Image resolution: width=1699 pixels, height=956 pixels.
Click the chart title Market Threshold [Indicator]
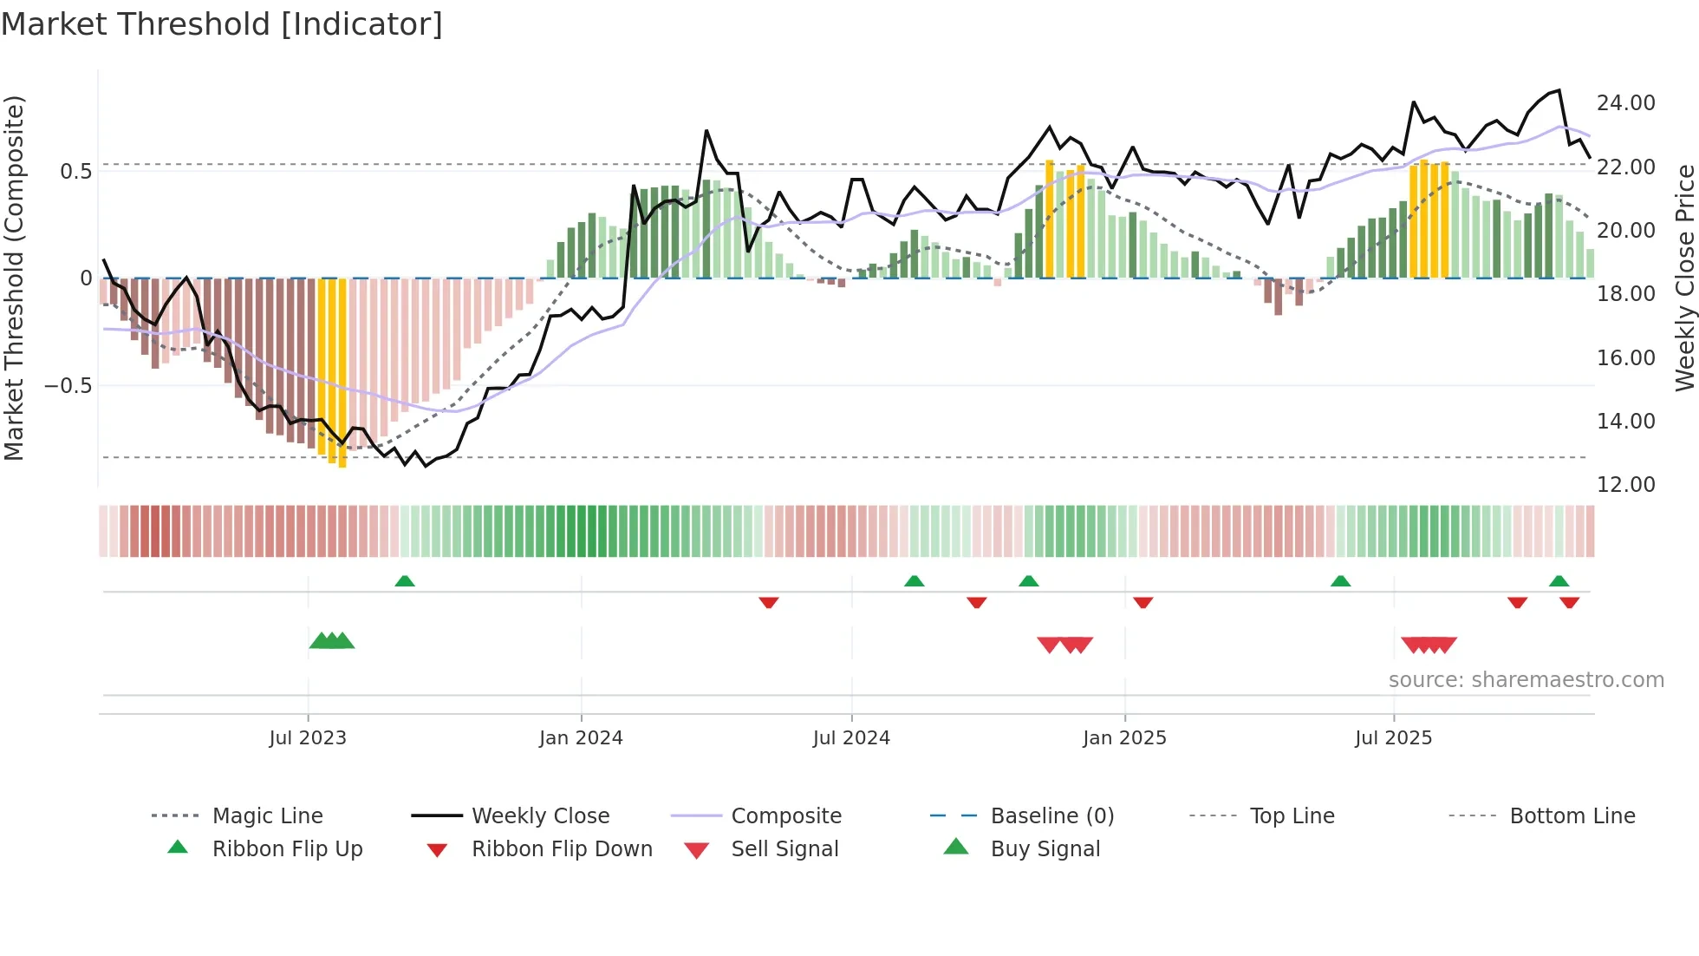pyautogui.click(x=222, y=24)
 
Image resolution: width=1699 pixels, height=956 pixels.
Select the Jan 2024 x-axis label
pyautogui.click(x=581, y=738)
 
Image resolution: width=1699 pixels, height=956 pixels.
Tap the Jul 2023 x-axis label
pyautogui.click(x=308, y=738)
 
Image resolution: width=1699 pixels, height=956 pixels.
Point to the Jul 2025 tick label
pyautogui.click(x=1393, y=738)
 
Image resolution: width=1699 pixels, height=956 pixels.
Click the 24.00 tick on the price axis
pyautogui.click(x=1625, y=103)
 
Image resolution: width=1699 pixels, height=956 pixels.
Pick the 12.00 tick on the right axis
pyautogui.click(x=1625, y=485)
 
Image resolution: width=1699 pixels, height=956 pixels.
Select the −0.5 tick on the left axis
pyautogui.click(x=68, y=385)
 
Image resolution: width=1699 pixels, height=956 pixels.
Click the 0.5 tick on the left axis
pyautogui.click(x=76, y=172)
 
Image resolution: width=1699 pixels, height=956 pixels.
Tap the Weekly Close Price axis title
pyautogui.click(x=1683, y=278)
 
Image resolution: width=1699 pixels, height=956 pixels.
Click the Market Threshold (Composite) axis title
pyautogui.click(x=14, y=278)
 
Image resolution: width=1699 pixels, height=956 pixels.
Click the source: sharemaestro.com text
pyautogui.click(x=1526, y=680)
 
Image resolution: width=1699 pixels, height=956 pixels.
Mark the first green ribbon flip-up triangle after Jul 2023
pyautogui.click(x=405, y=581)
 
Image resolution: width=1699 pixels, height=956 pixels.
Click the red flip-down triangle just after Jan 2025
pyautogui.click(x=1142, y=602)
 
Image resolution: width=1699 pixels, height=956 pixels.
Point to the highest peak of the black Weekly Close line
pyautogui.click(x=1559, y=90)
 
